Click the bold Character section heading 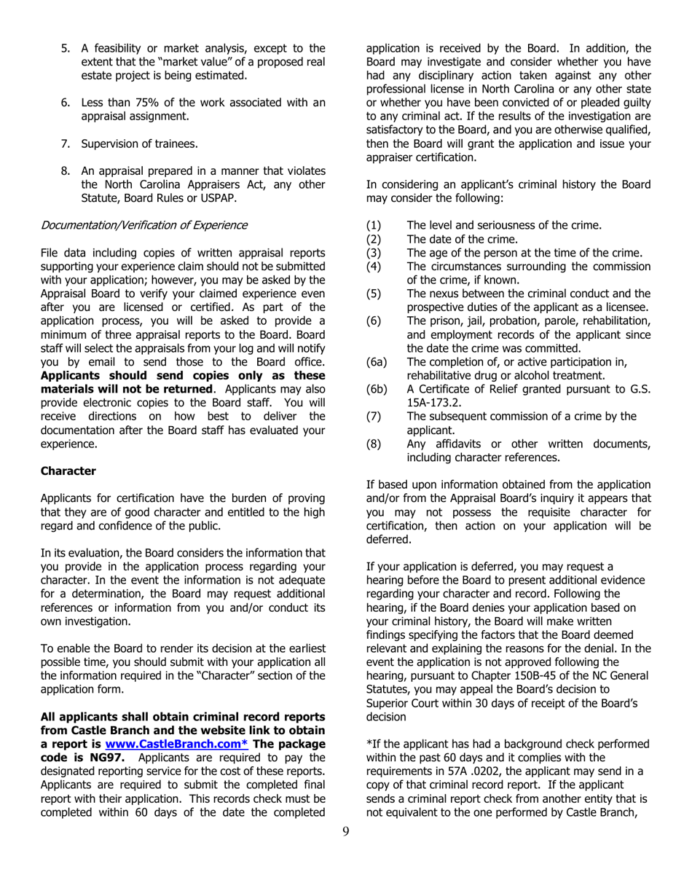pos(68,471)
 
